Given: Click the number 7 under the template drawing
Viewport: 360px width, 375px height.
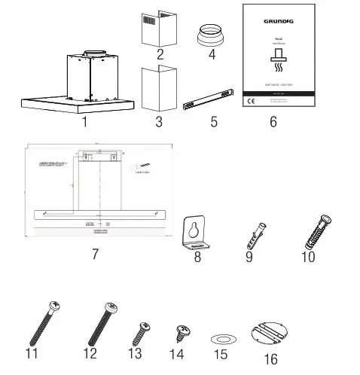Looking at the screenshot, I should [x=95, y=254].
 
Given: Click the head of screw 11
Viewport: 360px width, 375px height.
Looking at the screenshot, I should [x=53, y=306].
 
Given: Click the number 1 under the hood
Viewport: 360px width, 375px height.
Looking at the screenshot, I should [x=85, y=120].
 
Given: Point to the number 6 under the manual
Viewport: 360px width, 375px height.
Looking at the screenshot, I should [x=273, y=121].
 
